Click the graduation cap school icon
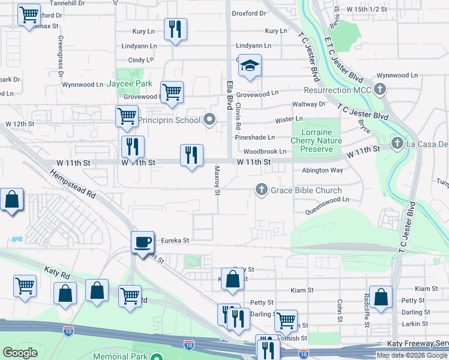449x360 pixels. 250,66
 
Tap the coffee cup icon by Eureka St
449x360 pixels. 142,242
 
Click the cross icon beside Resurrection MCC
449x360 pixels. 379,90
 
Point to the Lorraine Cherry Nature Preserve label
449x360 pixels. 316,140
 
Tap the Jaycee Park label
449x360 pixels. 130,84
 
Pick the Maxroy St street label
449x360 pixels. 217,181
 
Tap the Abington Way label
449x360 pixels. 322,170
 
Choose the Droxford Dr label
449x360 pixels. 249,13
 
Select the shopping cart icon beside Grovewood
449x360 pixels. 172,92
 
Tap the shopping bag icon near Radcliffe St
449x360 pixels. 381,297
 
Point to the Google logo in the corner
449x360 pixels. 20,353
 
